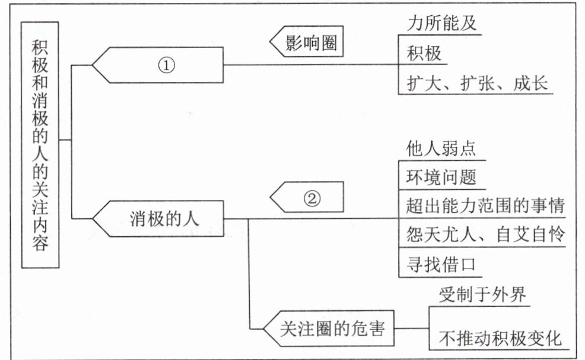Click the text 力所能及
coord(442,23)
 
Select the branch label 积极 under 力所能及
coord(424,53)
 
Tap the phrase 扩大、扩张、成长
coord(477,83)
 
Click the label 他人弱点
coord(441,148)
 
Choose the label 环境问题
coord(441,177)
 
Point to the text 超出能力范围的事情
coord(485,206)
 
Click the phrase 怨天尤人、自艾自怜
coord(485,235)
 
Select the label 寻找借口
coord(441,265)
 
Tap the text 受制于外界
coord(482,294)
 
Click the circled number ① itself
coord(166,65)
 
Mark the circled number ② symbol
coord(312,198)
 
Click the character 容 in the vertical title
coord(40,243)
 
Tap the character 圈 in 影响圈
coord(329,42)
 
